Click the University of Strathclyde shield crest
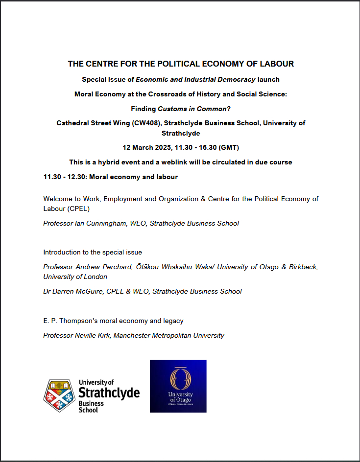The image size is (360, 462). (x=59, y=395)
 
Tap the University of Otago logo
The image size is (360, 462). (x=178, y=386)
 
